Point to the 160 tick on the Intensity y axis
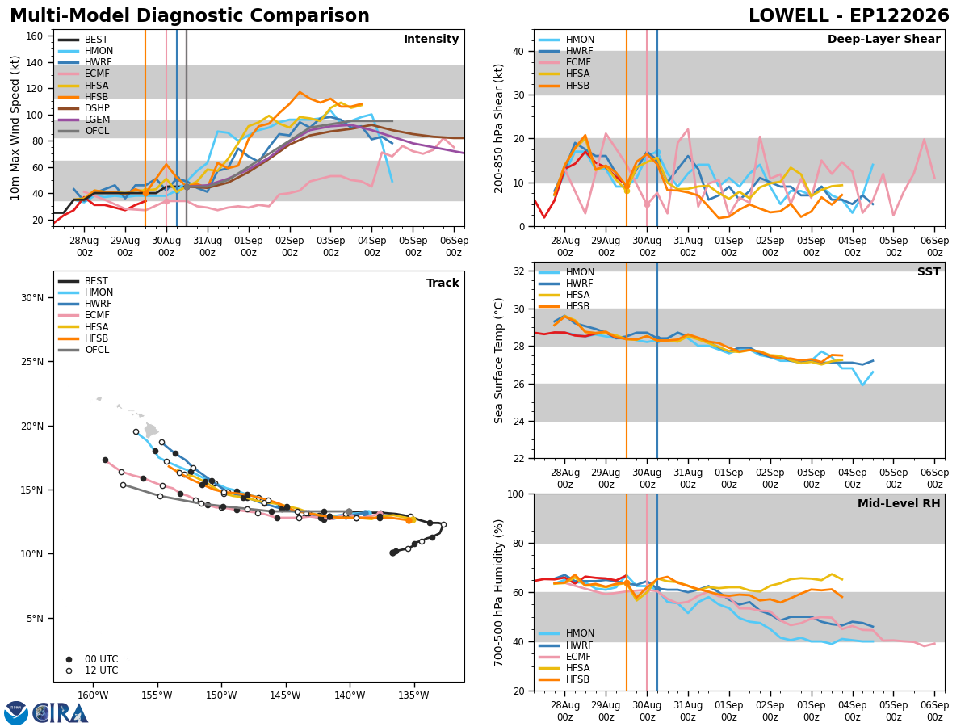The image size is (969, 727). point(34,36)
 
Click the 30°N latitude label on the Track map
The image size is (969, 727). point(32,298)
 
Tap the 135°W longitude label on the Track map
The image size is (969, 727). point(414,695)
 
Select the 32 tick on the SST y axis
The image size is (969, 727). point(518,271)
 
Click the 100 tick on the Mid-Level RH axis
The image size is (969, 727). point(516,494)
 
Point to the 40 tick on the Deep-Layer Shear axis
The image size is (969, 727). point(518,52)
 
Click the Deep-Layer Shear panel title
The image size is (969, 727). point(883,39)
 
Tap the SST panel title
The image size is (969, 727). point(929,271)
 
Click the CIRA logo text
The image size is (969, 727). point(61,713)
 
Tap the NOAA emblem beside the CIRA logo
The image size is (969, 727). point(16,713)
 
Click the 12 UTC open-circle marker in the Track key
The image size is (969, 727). point(69,670)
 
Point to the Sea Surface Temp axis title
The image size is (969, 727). point(498,360)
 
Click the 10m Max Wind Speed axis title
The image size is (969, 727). point(15,128)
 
